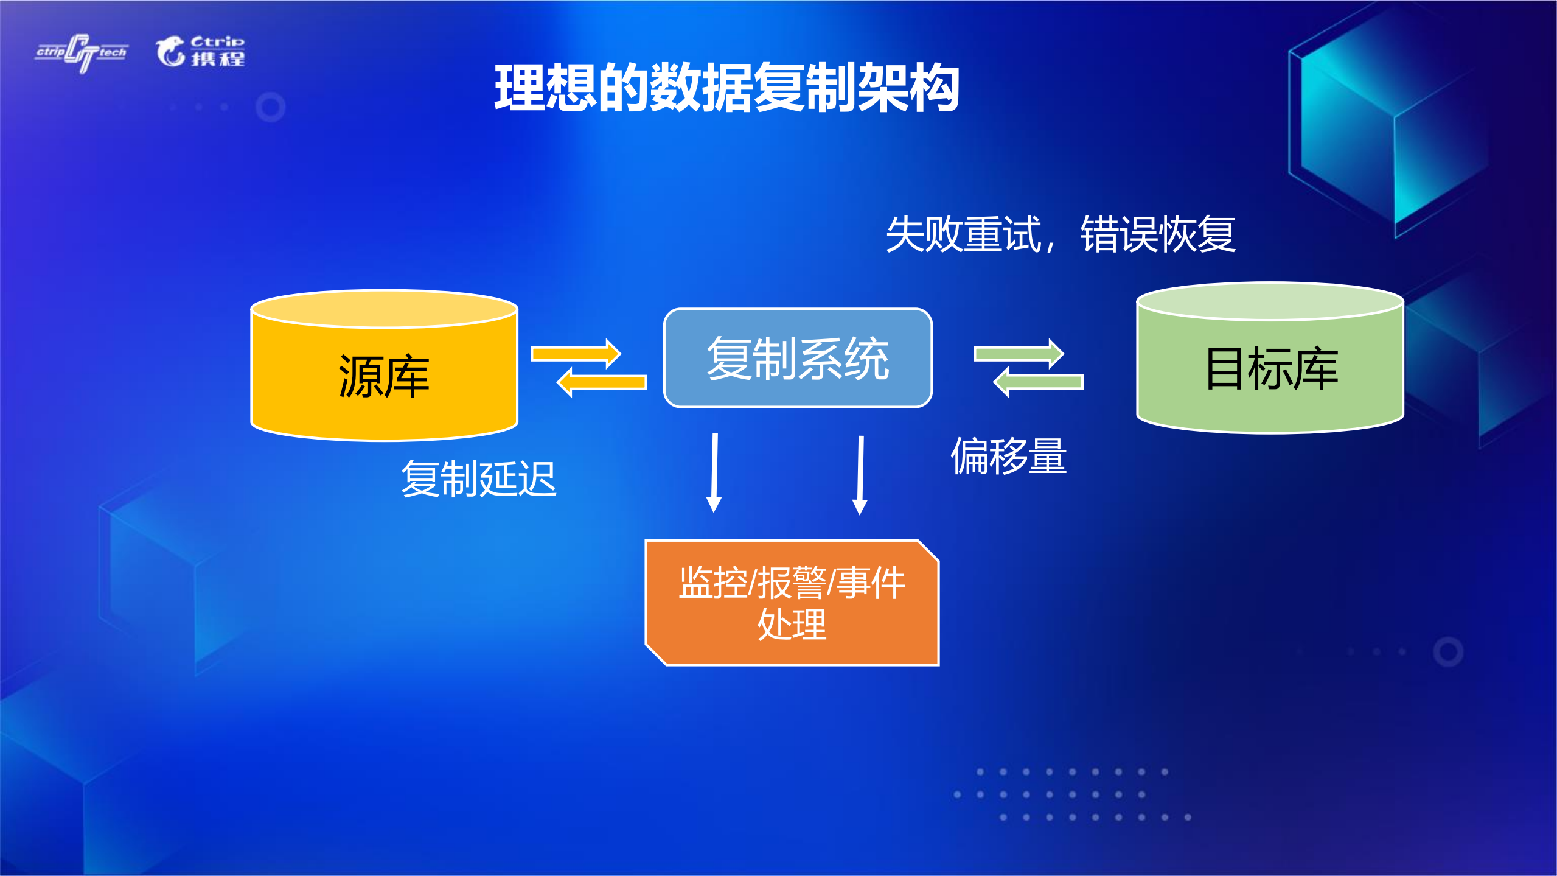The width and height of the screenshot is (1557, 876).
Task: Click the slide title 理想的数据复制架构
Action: click(x=726, y=88)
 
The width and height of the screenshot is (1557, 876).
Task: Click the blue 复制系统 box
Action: click(x=798, y=358)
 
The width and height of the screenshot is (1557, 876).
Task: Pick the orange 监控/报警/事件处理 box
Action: click(x=792, y=603)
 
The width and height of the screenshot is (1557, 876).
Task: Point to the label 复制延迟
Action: click(x=478, y=479)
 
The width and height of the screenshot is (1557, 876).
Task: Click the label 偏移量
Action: click(x=1008, y=456)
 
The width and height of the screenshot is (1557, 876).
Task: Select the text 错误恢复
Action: click(x=1157, y=234)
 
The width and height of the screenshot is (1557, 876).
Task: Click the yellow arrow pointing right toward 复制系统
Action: click(x=576, y=354)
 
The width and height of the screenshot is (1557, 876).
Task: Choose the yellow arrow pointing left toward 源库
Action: click(x=602, y=383)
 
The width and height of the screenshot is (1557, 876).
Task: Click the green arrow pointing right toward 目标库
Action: click(x=1019, y=354)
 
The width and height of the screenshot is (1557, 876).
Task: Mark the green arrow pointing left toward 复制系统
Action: click(x=1038, y=383)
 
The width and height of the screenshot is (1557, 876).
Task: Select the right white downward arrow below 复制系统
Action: click(x=860, y=475)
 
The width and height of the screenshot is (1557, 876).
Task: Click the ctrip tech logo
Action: click(x=82, y=52)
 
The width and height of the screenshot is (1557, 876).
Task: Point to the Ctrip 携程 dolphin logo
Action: click(x=200, y=51)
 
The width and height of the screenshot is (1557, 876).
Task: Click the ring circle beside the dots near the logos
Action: click(x=271, y=107)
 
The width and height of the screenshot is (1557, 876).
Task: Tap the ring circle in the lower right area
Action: click(x=1447, y=651)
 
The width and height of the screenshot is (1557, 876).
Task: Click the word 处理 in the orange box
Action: click(x=792, y=625)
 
